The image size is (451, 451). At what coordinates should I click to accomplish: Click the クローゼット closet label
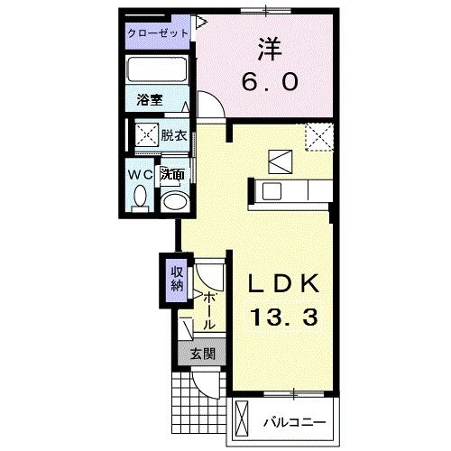158,32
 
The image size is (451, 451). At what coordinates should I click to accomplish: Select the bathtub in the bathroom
157,69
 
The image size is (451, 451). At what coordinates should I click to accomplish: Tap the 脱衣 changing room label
174,136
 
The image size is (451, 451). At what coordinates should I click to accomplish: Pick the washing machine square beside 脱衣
144,136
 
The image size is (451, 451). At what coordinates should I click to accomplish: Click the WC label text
140,172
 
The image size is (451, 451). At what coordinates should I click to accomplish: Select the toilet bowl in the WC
141,197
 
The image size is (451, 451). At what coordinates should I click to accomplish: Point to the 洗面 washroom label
173,173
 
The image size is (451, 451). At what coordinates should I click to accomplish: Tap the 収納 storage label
174,280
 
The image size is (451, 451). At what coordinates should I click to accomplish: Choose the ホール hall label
208,308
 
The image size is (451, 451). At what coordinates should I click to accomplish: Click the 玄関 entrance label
201,354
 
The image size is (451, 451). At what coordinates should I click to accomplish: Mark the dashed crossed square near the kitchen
318,137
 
